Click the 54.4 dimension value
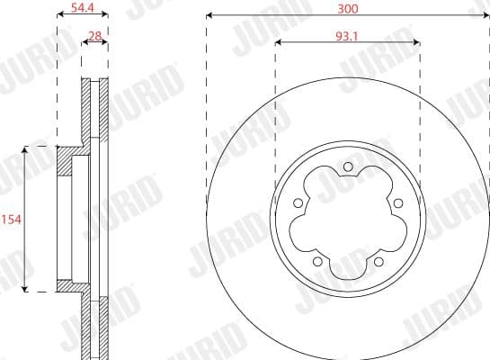[83, 7]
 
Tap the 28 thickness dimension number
[94, 36]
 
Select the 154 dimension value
[11, 220]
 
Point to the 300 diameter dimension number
[348, 9]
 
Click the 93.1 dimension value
[347, 37]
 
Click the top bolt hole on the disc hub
[348, 166]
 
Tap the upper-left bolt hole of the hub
[298, 203]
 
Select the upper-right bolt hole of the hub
[397, 203]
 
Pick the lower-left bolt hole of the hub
[317, 261]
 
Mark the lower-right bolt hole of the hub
[379, 261]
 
